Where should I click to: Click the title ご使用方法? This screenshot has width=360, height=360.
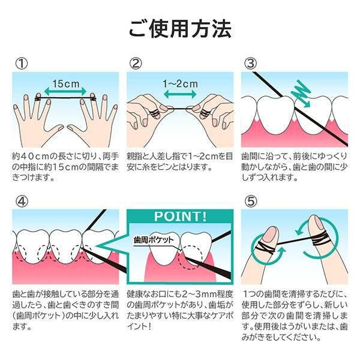click(x=180, y=29)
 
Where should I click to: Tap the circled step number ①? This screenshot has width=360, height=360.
click(x=22, y=64)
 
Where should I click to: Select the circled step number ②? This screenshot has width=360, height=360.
click(x=136, y=64)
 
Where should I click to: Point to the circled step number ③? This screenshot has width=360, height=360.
click(x=250, y=64)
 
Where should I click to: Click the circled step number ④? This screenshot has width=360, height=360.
click(x=22, y=201)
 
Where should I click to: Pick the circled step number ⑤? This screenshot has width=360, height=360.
click(x=251, y=201)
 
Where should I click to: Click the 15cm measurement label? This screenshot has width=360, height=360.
click(x=66, y=83)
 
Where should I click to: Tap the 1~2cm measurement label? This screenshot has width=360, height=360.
click(x=180, y=84)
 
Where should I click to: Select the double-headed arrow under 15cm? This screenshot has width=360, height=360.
click(x=65, y=92)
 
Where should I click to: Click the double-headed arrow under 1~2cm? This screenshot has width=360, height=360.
click(x=180, y=94)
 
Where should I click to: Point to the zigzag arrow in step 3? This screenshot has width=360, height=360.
click(x=301, y=94)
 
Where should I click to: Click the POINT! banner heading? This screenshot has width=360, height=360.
click(x=180, y=216)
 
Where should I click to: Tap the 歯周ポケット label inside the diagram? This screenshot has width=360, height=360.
click(x=154, y=240)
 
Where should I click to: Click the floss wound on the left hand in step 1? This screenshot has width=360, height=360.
click(x=38, y=99)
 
